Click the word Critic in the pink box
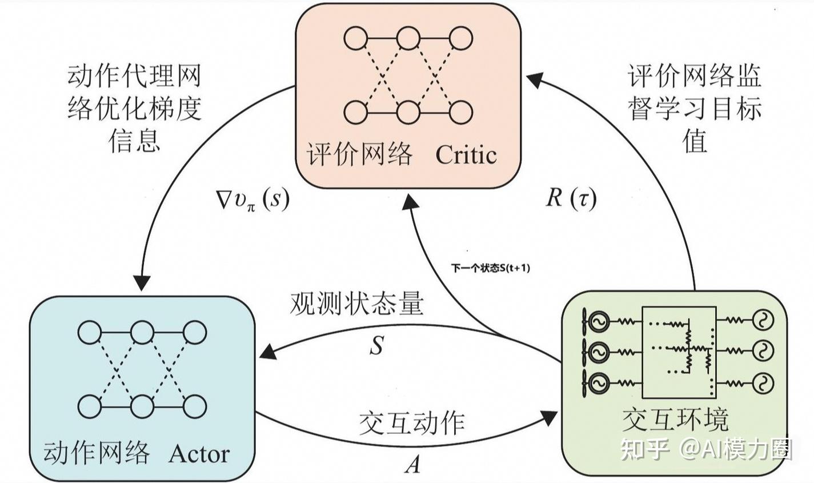tap(466, 154)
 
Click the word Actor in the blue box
tap(199, 454)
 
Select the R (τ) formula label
tap(571, 198)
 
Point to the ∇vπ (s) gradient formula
tap(250, 200)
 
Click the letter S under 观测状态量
tap(376, 345)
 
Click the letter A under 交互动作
tap(412, 465)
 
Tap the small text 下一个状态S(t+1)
tap(491, 267)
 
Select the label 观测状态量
tap(356, 304)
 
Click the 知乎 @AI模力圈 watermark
tap(706, 449)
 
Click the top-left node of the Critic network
tap(355, 39)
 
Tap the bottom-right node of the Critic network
tap(460, 111)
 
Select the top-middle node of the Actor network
tap(142, 332)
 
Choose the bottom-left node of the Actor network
tap(90, 406)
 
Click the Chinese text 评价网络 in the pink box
tap(359, 154)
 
